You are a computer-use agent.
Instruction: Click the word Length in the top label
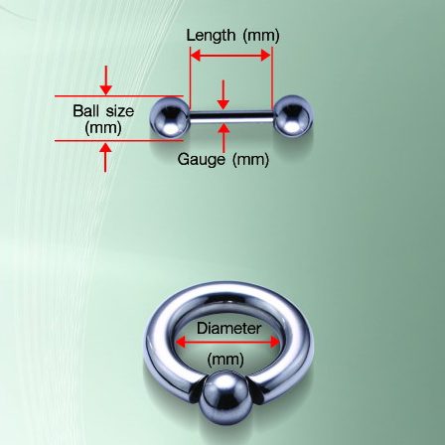[211, 35]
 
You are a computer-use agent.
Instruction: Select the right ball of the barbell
[293, 116]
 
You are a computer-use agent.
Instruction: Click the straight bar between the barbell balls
[231, 116]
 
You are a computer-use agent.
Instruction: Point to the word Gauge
[201, 160]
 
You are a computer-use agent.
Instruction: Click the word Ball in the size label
[86, 110]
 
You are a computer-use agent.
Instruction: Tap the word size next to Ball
[119, 111]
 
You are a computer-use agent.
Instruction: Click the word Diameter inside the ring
[228, 329]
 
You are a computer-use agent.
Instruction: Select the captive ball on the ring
[223, 397]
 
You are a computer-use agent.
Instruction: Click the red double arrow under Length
[231, 56]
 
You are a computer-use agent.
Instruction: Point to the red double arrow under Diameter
[227, 342]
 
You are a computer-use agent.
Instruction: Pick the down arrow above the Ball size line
[105, 80]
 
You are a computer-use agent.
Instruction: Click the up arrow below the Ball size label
[105, 157]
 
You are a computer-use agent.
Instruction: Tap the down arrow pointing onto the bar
[223, 94]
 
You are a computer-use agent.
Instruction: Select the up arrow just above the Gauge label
[223, 138]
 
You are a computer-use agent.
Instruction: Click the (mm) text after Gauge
[250, 160]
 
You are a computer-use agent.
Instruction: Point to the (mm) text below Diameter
[225, 360]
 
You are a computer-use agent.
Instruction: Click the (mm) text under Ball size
[103, 128]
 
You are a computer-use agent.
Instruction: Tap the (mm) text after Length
[261, 36]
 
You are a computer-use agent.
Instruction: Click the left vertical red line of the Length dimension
[191, 77]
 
